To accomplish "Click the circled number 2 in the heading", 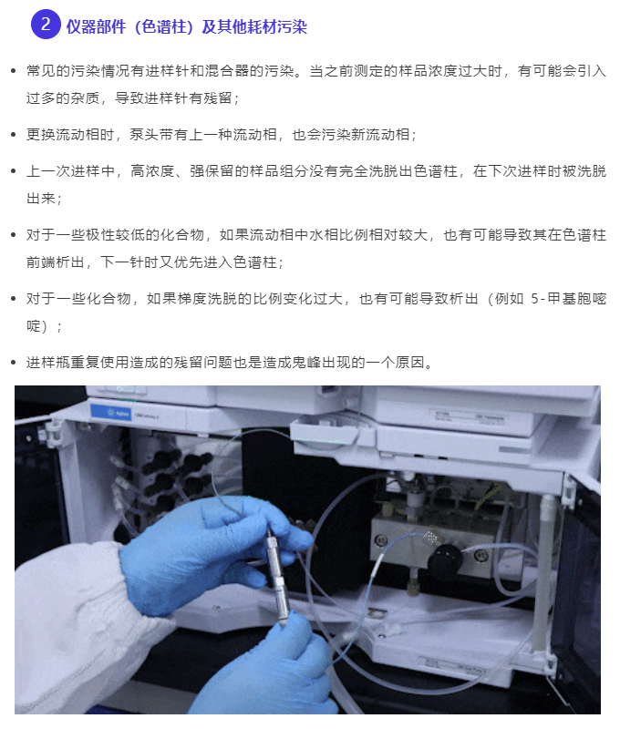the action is pos(46,25).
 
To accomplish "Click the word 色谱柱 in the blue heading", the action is pos(163,26).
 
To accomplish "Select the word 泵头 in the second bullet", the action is pos(144,135).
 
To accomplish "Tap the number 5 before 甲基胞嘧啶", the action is pos(534,299).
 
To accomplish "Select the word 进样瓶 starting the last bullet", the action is pos(48,363).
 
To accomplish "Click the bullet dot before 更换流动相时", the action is pos(13,135).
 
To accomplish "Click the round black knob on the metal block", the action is pos(445,560).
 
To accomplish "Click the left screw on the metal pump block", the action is pos(380,539).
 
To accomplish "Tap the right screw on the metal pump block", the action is pos(480,554).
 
